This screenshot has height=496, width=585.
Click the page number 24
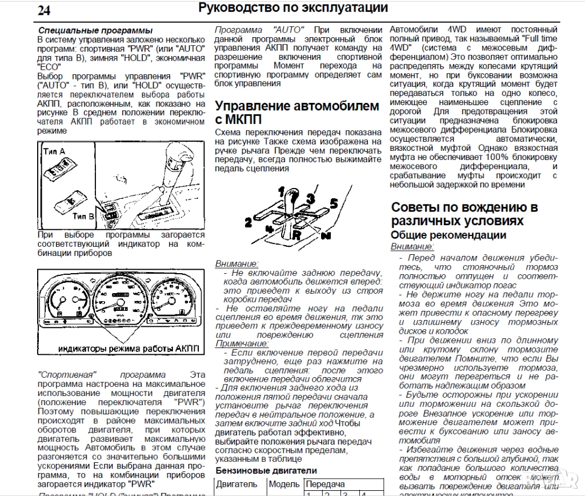pos(44,10)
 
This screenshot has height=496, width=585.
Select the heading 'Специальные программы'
pos(95,30)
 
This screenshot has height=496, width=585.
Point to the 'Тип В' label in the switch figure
pos(84,217)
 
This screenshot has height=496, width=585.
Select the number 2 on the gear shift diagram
pos(248,222)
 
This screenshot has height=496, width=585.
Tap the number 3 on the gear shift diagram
pos(310,198)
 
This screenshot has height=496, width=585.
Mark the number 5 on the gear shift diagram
pos(334,202)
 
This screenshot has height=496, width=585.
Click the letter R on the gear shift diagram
pos(296,234)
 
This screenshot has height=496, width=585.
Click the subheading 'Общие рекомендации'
pos(448,235)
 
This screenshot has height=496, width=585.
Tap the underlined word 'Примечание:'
pos(242,343)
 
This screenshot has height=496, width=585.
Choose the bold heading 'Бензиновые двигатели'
pos(266,470)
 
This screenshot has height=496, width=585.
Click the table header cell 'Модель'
pos(284,484)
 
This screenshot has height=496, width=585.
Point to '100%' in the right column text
pos(499,157)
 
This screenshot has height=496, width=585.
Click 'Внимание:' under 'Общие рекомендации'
pos(412,246)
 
